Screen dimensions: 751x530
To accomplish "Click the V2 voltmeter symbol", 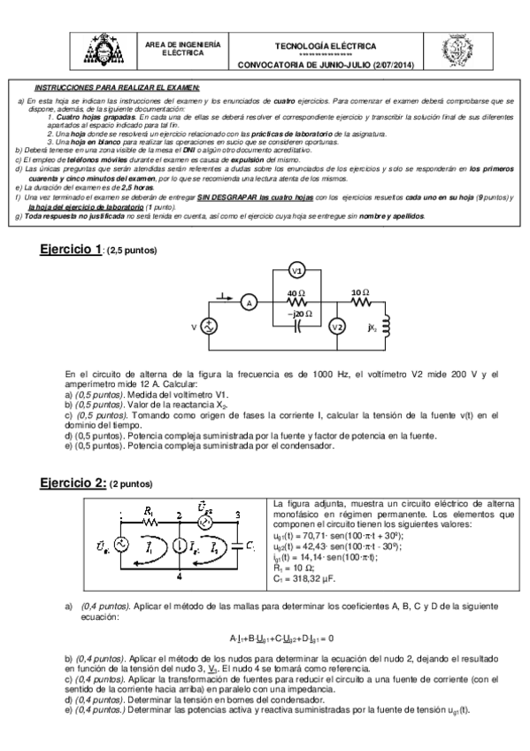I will click(x=336, y=327).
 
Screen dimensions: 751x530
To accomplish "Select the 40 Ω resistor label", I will click(x=296, y=294).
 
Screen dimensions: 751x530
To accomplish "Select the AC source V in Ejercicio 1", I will click(x=211, y=328).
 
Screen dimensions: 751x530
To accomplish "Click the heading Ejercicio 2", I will click(x=73, y=484).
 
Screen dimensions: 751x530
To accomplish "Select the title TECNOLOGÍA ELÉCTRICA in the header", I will click(x=326, y=46).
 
